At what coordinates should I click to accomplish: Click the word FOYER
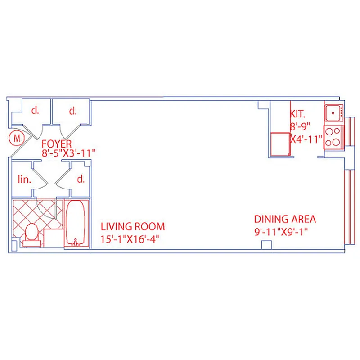coord(57,144)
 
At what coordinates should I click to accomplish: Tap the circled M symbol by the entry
coord(17,139)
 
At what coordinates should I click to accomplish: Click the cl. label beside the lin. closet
coord(81,180)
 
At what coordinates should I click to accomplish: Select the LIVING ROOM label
coord(132,227)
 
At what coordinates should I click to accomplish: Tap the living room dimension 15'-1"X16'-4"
coord(130,239)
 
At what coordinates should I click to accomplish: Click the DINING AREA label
coord(285,220)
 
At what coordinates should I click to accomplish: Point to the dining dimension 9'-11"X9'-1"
coord(283,232)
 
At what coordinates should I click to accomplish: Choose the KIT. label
coord(297,115)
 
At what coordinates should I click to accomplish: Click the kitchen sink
coord(333,112)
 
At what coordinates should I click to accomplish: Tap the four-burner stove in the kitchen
coord(333,137)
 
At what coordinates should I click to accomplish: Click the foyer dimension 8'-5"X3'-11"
coord(69,153)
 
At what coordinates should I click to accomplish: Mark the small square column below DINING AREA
coord(267,245)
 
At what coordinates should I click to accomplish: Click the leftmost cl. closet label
coord(34,111)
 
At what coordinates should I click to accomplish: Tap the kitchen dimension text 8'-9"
coord(300,127)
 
